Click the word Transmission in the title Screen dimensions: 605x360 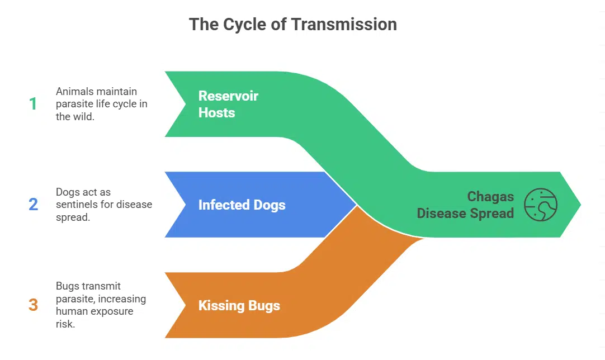point(344,24)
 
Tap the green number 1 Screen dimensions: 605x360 point(33,104)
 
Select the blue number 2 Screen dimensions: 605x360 point(33,205)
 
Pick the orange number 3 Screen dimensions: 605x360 point(33,305)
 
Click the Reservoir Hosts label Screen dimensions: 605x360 point(228,104)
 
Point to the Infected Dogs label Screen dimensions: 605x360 point(242,205)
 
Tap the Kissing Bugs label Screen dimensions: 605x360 point(239,305)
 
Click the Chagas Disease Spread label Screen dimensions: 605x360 point(465,205)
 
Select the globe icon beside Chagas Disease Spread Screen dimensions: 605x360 point(541,205)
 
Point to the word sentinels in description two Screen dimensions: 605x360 point(77,205)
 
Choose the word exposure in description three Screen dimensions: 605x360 point(114,311)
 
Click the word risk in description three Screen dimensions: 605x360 point(65,324)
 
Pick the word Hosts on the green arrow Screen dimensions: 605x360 point(216,113)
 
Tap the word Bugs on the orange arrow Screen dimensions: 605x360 point(264,306)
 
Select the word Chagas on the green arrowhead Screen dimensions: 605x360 point(490,197)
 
